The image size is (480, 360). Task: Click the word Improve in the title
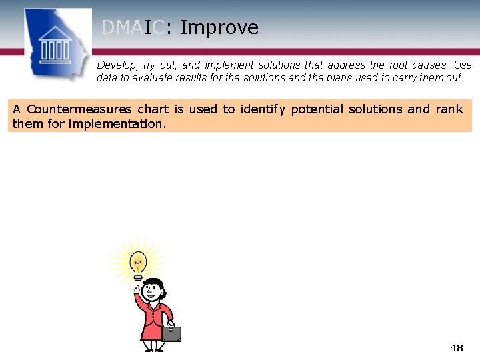pyautogui.click(x=219, y=28)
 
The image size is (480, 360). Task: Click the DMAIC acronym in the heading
pyautogui.click(x=133, y=28)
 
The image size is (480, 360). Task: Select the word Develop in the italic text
pyautogui.click(x=117, y=65)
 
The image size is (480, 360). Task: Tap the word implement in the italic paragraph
pyautogui.click(x=227, y=65)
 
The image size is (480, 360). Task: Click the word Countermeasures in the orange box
pyautogui.click(x=79, y=109)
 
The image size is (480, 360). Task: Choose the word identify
pyautogui.click(x=262, y=109)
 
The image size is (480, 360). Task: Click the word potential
pyautogui.click(x=315, y=109)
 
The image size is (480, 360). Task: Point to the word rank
pyautogui.click(x=449, y=109)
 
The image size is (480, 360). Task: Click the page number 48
pyautogui.click(x=457, y=348)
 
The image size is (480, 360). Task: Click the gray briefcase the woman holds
pyautogui.click(x=171, y=333)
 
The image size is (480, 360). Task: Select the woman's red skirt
pyautogui.click(x=153, y=331)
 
